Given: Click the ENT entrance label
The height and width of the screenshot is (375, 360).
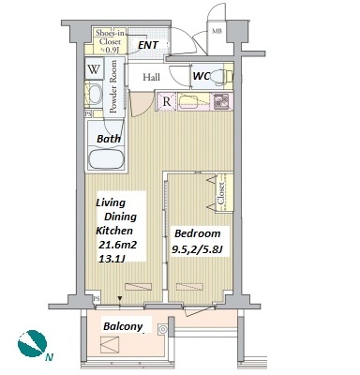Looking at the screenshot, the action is click(148, 45).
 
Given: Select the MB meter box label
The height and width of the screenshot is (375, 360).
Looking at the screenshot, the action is click(217, 31).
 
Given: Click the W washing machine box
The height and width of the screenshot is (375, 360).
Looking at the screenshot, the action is click(94, 68).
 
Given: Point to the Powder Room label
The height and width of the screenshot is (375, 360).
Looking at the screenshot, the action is click(112, 86).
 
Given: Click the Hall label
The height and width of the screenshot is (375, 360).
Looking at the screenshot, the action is click(151, 77).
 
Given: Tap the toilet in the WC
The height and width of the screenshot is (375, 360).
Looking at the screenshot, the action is click(221, 76).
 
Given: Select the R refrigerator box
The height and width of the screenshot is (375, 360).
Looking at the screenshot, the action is click(167, 101).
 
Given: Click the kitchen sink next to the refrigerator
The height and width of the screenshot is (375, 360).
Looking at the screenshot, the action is click(190, 101).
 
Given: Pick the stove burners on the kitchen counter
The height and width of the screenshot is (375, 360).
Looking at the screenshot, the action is click(223, 101).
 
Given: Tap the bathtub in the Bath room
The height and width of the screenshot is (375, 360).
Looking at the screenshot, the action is click(105, 159).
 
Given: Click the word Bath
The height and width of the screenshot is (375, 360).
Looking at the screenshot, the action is click(109, 139).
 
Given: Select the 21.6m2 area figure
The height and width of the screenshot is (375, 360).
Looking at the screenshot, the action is click(117, 245).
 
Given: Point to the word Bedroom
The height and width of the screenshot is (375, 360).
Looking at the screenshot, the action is click(198, 233).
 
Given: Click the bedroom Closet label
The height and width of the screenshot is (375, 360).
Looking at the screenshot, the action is click(221, 193).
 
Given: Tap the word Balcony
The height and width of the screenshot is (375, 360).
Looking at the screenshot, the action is click(123, 326).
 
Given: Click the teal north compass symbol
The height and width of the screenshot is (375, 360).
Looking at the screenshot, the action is click(32, 343).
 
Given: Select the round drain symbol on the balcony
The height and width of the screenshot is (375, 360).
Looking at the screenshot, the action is click(162, 329).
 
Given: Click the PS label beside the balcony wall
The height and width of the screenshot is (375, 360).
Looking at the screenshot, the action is click(97, 299).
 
